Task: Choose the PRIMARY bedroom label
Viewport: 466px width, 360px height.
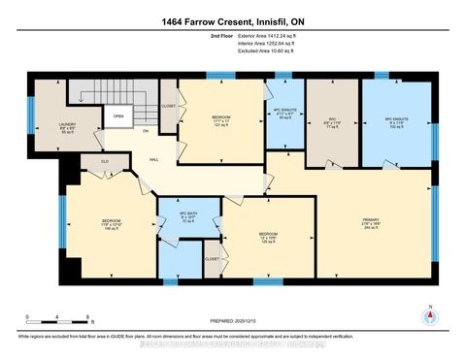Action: pos(370,220)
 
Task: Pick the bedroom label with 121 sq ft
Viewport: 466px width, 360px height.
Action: pos(221,123)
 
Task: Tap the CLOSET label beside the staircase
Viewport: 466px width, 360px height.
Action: pos(168,106)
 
